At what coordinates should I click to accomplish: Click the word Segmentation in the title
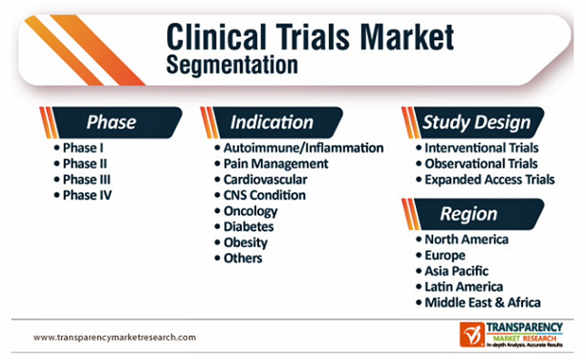[x=232, y=65]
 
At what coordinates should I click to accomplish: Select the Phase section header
[x=112, y=122]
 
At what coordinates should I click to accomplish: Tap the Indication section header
[x=272, y=122]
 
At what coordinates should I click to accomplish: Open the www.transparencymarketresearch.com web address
[x=114, y=337]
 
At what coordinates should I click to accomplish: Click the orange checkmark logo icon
[x=472, y=335]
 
